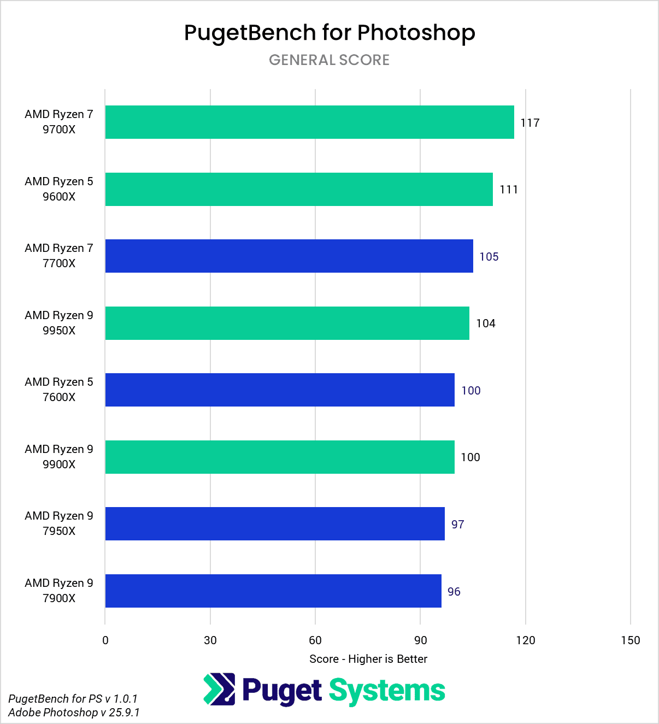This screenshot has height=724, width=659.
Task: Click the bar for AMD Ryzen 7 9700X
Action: (x=309, y=122)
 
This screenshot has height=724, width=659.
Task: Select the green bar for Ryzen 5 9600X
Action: (x=299, y=189)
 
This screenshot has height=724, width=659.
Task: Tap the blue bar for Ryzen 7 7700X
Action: (x=289, y=256)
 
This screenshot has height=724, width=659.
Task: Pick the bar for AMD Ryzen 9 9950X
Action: (x=287, y=323)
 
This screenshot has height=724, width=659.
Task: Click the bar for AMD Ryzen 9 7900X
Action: (x=273, y=591)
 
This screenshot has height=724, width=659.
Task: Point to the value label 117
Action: (x=529, y=123)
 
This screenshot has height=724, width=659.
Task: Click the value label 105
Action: (x=489, y=257)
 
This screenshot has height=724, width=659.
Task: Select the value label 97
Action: (x=457, y=525)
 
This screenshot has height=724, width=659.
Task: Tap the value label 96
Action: (x=454, y=592)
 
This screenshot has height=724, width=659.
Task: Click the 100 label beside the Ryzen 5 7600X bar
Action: (x=470, y=391)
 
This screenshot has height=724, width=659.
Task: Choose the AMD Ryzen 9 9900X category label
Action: (x=59, y=457)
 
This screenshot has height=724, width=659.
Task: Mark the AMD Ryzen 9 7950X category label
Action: (x=59, y=523)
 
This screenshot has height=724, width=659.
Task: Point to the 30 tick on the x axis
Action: (x=210, y=640)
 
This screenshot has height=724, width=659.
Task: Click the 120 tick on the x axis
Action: (x=525, y=640)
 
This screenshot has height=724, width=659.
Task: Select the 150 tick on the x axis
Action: (x=630, y=640)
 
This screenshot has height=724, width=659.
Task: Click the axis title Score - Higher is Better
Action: (x=368, y=659)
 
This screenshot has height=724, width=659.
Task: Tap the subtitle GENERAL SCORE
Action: (x=329, y=60)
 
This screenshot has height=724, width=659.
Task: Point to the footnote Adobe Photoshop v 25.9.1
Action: (x=74, y=713)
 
